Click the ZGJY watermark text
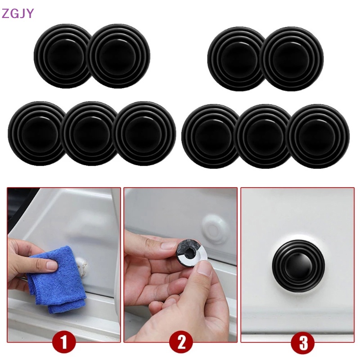(18, 13)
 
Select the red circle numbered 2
(181, 344)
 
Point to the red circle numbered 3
(303, 344)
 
